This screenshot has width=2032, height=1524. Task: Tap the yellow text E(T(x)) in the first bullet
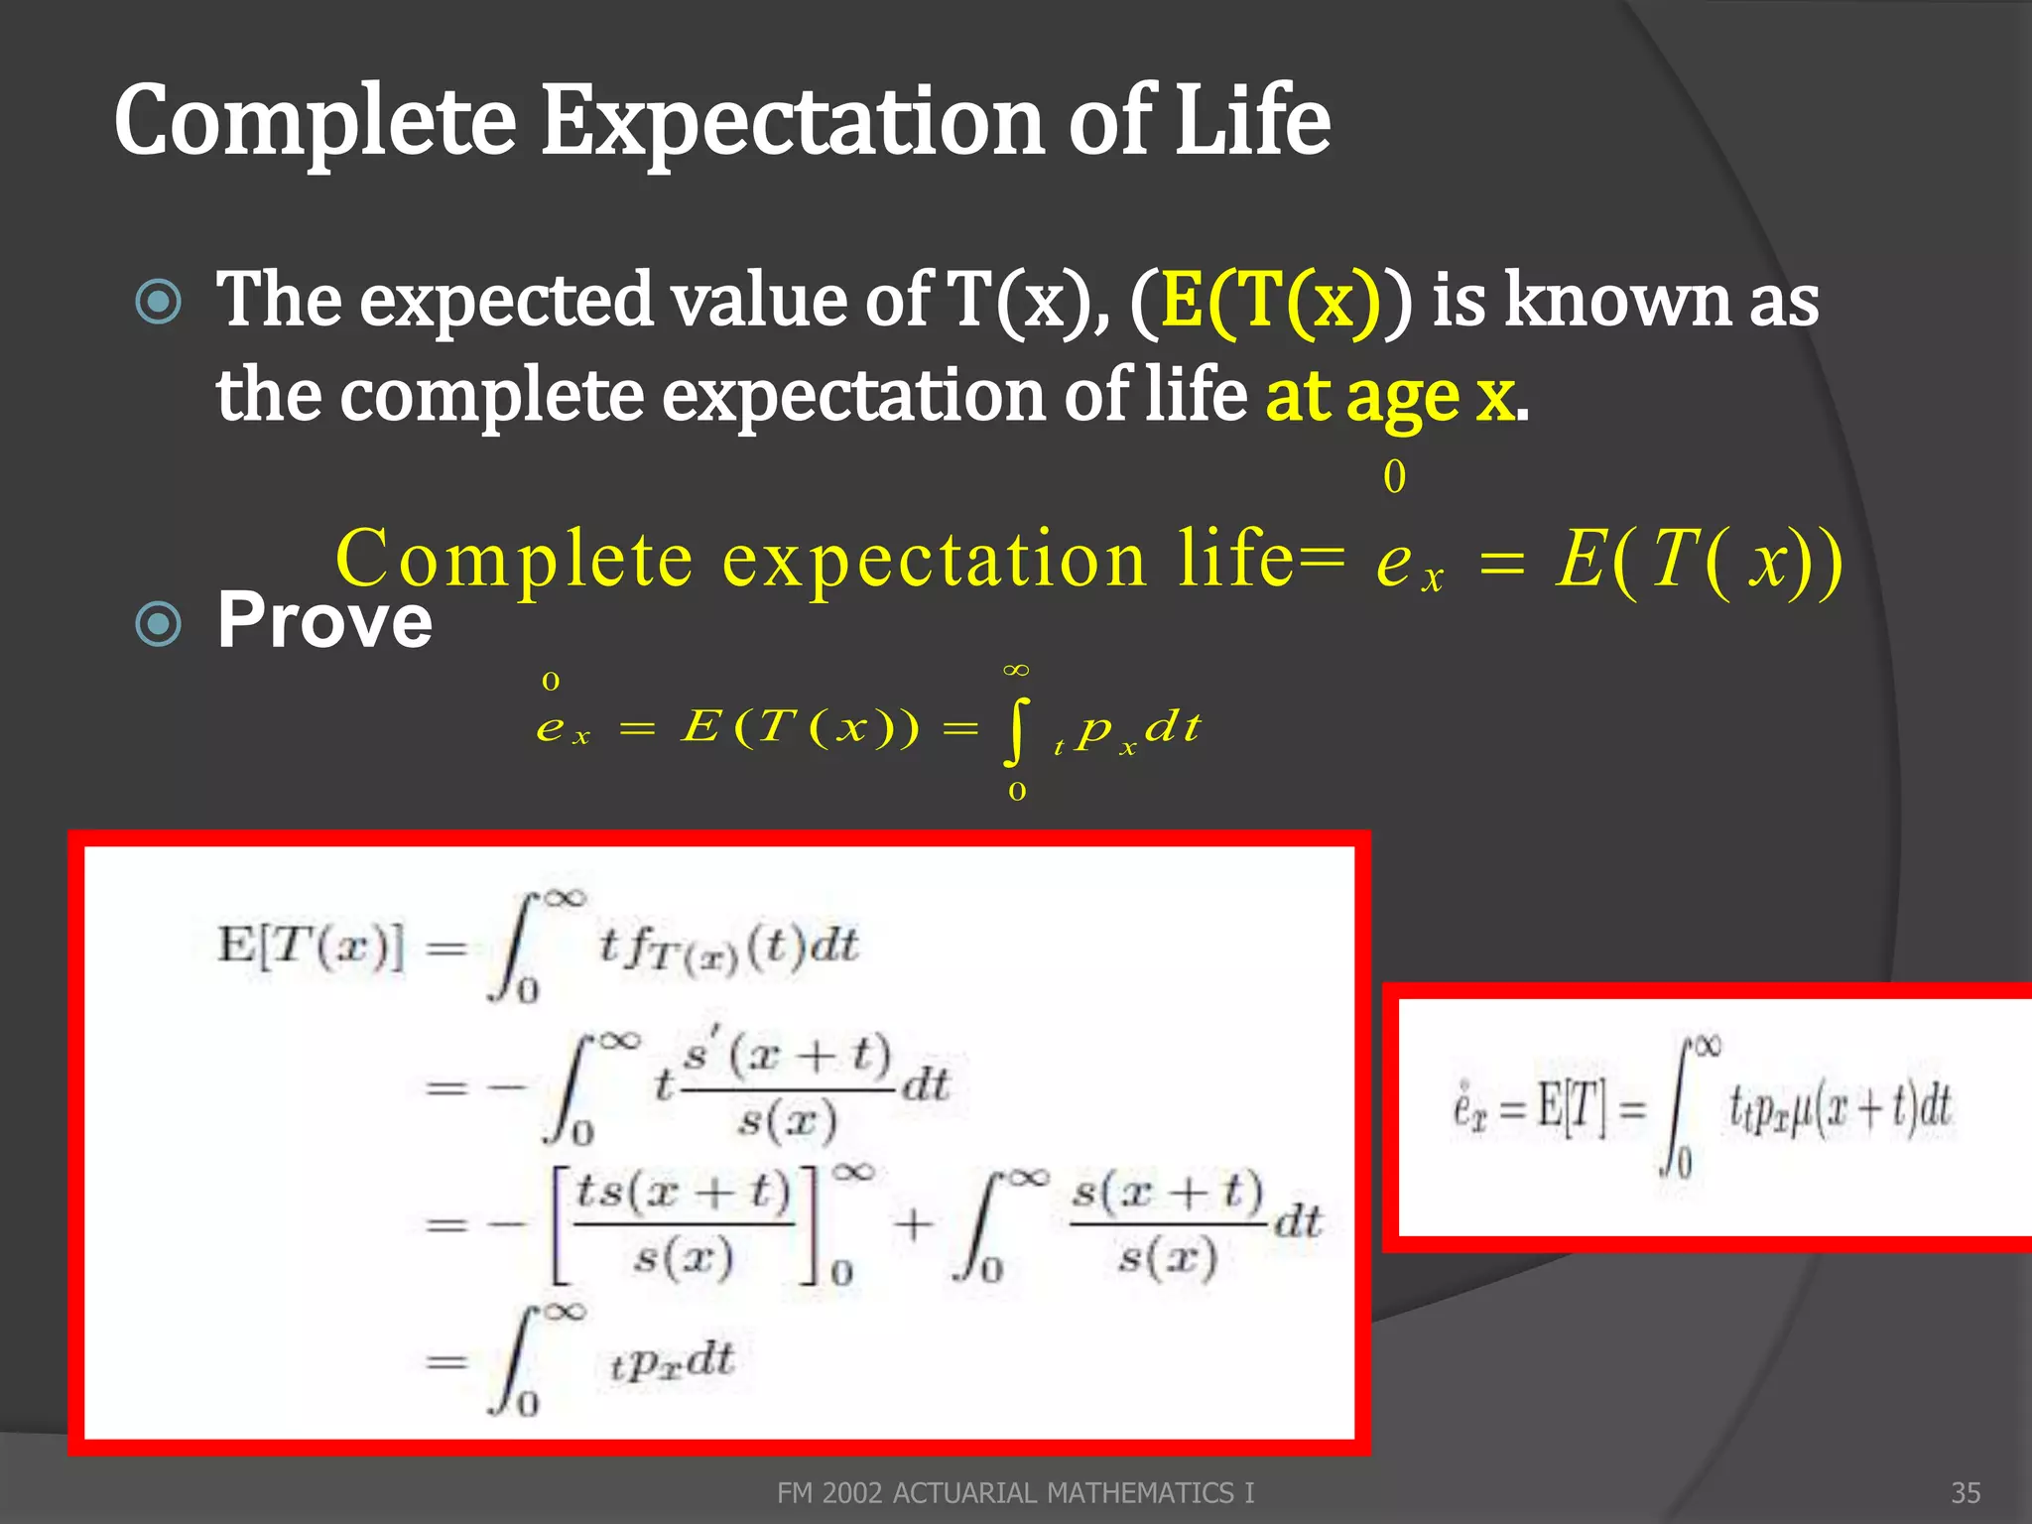pos(1270,301)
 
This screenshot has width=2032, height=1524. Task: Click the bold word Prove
pos(324,621)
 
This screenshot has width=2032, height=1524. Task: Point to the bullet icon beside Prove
pos(159,624)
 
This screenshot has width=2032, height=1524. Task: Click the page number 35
pos(1966,1492)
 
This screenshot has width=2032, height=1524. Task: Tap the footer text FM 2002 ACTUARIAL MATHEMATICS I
pos(1015,1492)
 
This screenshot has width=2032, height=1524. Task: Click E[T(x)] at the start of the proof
pos(311,945)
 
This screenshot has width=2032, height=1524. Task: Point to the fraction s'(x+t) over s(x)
pos(789,1088)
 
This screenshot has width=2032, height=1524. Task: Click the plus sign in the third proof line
pos(913,1224)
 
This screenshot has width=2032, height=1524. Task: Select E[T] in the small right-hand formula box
pos(1571,1107)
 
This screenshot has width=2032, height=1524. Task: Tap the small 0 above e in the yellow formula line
pos(1394,477)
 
